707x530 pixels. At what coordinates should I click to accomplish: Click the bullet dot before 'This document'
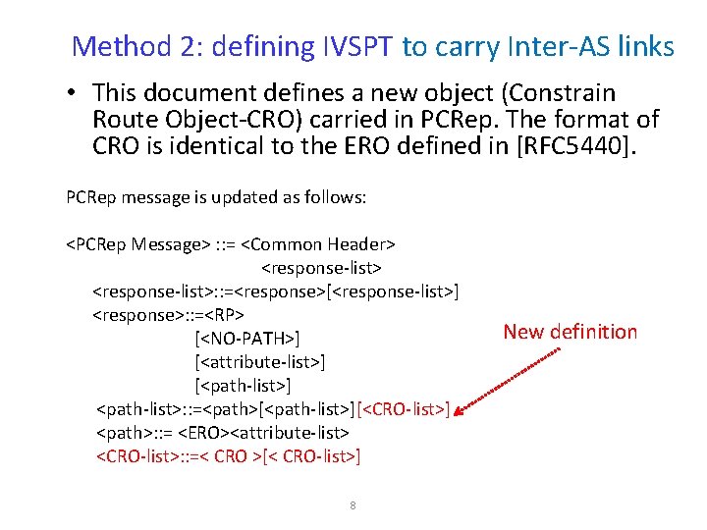73,94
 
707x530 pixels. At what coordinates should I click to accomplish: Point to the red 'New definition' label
570,332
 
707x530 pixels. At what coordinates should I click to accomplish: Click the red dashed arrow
511,379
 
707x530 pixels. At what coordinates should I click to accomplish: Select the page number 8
353,505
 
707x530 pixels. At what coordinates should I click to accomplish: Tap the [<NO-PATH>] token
246,340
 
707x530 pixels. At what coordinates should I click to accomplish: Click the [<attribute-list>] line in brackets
260,362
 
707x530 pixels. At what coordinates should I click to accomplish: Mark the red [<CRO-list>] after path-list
404,408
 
